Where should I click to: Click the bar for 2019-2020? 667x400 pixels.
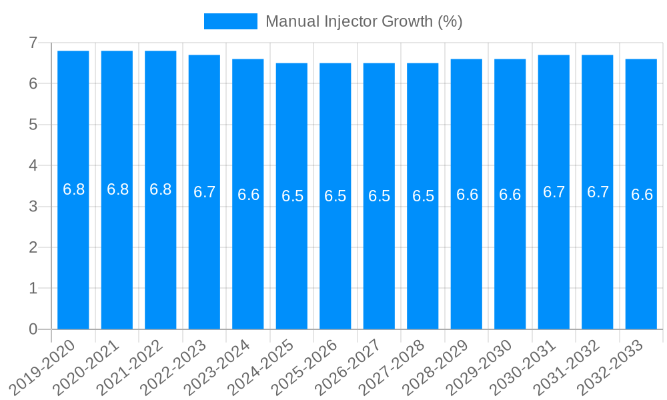73,190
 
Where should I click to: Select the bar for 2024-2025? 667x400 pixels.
291,196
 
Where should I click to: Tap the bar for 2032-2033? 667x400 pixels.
641,194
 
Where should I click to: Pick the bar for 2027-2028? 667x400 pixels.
423,196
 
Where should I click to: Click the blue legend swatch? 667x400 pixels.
230,21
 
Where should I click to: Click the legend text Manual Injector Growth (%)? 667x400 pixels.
364,21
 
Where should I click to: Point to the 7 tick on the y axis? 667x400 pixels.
33,43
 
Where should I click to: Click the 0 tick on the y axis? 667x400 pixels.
33,329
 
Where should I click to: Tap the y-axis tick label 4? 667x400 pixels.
33,165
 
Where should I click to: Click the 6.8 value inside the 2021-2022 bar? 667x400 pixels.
161,189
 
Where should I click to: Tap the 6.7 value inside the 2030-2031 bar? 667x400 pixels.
554,192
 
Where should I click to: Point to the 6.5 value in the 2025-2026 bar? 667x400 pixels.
336,196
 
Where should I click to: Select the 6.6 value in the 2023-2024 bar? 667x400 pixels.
248,195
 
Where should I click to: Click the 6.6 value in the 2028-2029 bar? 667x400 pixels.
467,195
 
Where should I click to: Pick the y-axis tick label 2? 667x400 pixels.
33,247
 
